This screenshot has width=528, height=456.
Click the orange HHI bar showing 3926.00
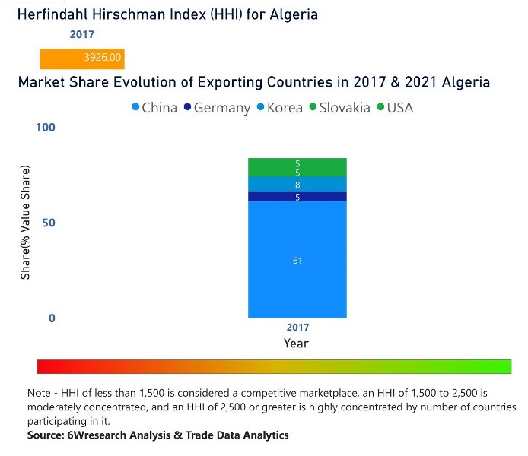[82, 59]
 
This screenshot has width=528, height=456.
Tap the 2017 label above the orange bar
[82, 35]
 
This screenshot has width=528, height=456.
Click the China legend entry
[154, 108]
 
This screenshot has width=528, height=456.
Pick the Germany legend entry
[216, 108]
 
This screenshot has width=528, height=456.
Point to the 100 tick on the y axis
[46, 127]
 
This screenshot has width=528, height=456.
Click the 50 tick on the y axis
[49, 223]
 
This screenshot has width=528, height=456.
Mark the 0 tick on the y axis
[52, 318]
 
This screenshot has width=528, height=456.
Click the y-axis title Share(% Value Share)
[25, 222]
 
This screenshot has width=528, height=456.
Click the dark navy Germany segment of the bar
[297, 196]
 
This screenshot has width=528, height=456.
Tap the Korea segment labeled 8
[297, 184]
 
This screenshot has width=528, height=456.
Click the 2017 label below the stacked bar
[297, 328]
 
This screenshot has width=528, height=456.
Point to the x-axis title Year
[296, 344]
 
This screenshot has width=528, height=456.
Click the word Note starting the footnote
[40, 394]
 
